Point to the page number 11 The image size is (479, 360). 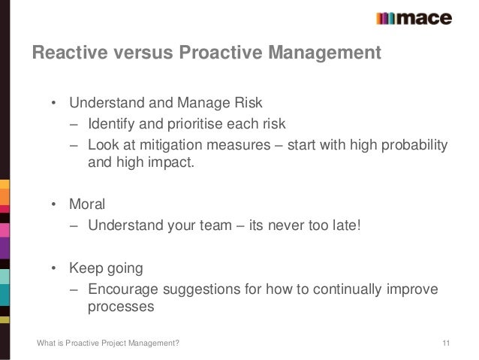point(446,344)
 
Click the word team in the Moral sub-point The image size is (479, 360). point(224,224)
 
